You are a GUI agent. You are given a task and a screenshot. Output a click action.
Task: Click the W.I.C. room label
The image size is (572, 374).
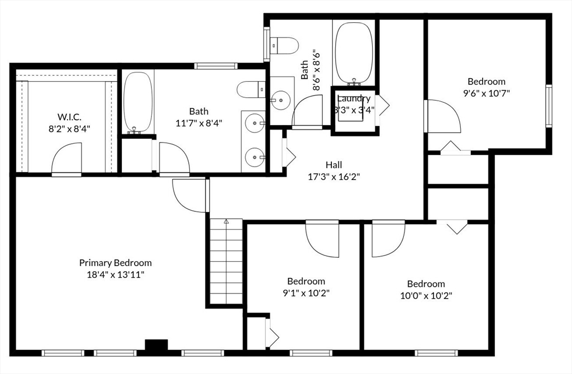click(69, 117)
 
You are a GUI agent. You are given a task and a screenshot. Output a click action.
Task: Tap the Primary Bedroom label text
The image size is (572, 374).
click(115, 263)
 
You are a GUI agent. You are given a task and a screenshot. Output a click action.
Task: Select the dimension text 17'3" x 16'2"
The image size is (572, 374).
click(334, 177)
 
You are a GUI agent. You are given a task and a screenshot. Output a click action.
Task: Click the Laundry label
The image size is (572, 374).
click(354, 98)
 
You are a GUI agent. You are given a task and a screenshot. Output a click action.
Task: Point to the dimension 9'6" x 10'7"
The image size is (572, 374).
click(487, 93)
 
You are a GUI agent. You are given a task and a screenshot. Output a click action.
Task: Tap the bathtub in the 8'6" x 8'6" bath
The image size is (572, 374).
click(354, 53)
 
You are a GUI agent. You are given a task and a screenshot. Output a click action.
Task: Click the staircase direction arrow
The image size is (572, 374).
click(226, 221)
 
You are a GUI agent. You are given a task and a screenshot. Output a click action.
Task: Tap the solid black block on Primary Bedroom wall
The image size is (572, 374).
click(156, 345)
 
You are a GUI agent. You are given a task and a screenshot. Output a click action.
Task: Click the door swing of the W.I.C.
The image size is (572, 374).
click(66, 159)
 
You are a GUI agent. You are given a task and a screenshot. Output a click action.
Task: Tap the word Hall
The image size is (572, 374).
click(334, 165)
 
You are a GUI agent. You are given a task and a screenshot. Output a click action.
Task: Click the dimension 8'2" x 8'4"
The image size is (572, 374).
click(69, 129)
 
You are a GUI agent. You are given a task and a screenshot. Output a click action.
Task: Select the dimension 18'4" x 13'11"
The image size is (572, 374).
click(115, 274)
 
